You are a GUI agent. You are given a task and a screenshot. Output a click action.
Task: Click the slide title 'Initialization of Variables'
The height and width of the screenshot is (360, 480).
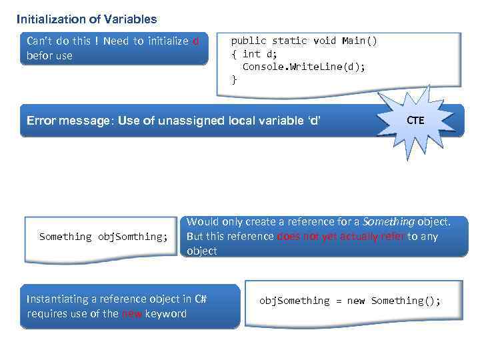[87, 19]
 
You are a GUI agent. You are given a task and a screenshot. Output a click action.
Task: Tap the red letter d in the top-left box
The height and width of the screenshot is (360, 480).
[195, 41]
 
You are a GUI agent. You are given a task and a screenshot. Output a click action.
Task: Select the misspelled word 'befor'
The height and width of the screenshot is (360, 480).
[39, 55]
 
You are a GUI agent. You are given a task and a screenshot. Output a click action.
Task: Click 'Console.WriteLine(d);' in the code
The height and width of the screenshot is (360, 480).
[303, 67]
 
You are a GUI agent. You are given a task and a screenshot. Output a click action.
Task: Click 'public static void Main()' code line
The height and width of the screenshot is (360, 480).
[304, 41]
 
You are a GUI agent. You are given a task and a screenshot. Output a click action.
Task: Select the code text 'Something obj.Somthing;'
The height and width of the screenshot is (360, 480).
[103, 237]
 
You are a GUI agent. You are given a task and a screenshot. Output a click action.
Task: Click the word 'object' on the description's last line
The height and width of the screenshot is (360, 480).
[202, 251]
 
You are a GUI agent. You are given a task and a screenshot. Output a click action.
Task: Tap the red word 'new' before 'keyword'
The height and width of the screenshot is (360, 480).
[131, 313]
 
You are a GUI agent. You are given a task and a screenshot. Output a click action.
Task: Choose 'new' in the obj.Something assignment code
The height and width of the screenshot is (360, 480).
[356, 301]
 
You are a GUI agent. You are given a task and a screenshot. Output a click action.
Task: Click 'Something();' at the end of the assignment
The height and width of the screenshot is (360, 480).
[406, 301]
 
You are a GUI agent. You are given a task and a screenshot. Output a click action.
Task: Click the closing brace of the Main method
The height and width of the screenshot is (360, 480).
[233, 80]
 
